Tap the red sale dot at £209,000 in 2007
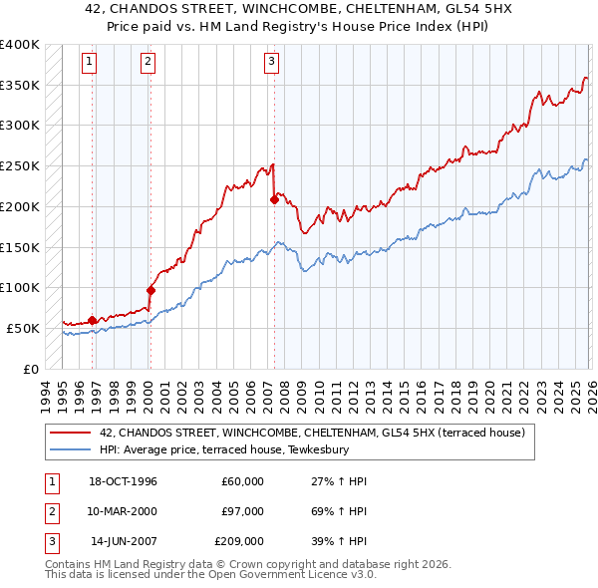[x=273, y=199]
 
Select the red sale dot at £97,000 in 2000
[x=150, y=290]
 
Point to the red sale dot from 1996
[x=93, y=320]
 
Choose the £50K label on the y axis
[x=23, y=328]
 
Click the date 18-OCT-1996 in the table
[x=124, y=481]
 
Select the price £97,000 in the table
[x=243, y=511]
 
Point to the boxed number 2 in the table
[x=50, y=511]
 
